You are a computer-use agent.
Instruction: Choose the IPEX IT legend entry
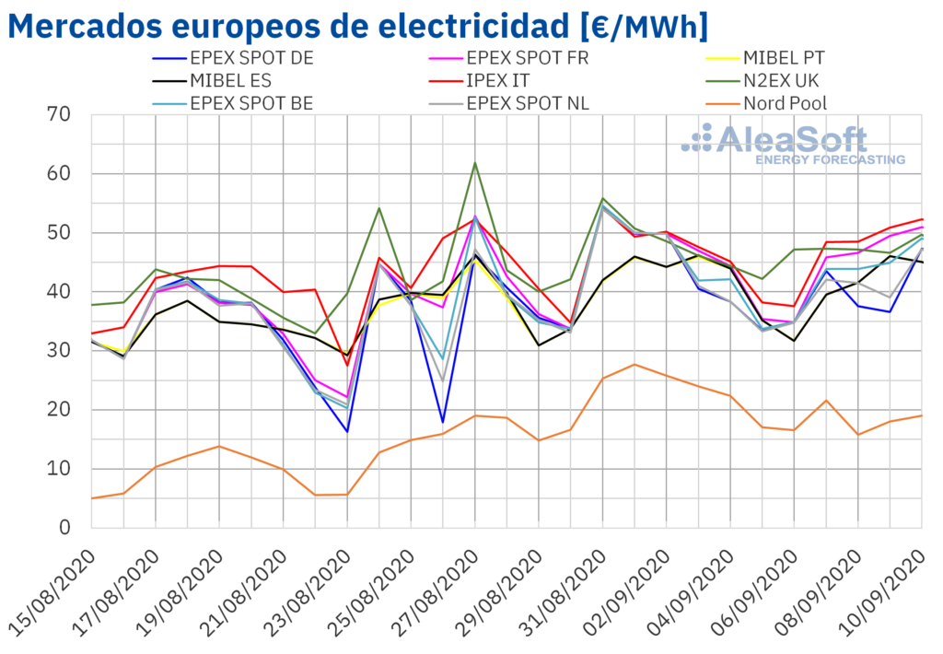point(503,81)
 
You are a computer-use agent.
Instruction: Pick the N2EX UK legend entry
point(784,81)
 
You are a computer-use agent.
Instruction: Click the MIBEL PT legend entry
point(784,58)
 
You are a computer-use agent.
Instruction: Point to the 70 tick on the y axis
point(59,115)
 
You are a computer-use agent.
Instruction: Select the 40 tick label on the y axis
point(59,292)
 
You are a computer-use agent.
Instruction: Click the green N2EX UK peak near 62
point(475,163)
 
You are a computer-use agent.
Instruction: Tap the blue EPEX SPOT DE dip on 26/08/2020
point(443,422)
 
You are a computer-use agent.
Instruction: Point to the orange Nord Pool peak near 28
point(634,364)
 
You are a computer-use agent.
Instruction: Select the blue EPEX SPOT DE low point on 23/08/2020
point(347,431)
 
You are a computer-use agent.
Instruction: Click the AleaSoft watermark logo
point(792,145)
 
